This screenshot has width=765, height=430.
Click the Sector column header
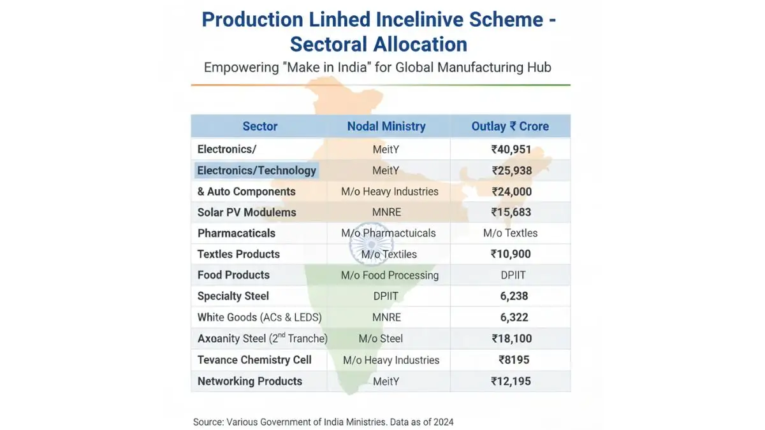click(259, 126)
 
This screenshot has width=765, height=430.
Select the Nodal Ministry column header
click(386, 126)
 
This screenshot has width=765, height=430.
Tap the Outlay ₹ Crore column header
click(510, 126)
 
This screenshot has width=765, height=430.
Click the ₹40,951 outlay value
click(511, 150)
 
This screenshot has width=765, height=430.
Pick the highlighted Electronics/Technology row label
click(256, 171)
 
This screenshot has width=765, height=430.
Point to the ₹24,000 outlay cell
click(511, 192)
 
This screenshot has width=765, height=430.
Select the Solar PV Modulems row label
click(247, 213)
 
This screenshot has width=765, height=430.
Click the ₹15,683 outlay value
click(511, 213)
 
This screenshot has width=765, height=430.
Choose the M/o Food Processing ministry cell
click(390, 275)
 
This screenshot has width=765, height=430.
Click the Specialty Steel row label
click(233, 296)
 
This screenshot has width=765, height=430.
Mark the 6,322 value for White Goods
click(514, 317)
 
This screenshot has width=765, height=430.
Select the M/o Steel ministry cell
click(381, 339)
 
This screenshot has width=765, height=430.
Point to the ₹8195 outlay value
click(514, 360)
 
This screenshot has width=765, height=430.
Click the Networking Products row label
click(249, 382)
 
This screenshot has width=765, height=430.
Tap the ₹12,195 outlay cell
click(511, 382)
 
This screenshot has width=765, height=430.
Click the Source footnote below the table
click(323, 422)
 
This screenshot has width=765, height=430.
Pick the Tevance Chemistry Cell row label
click(254, 360)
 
